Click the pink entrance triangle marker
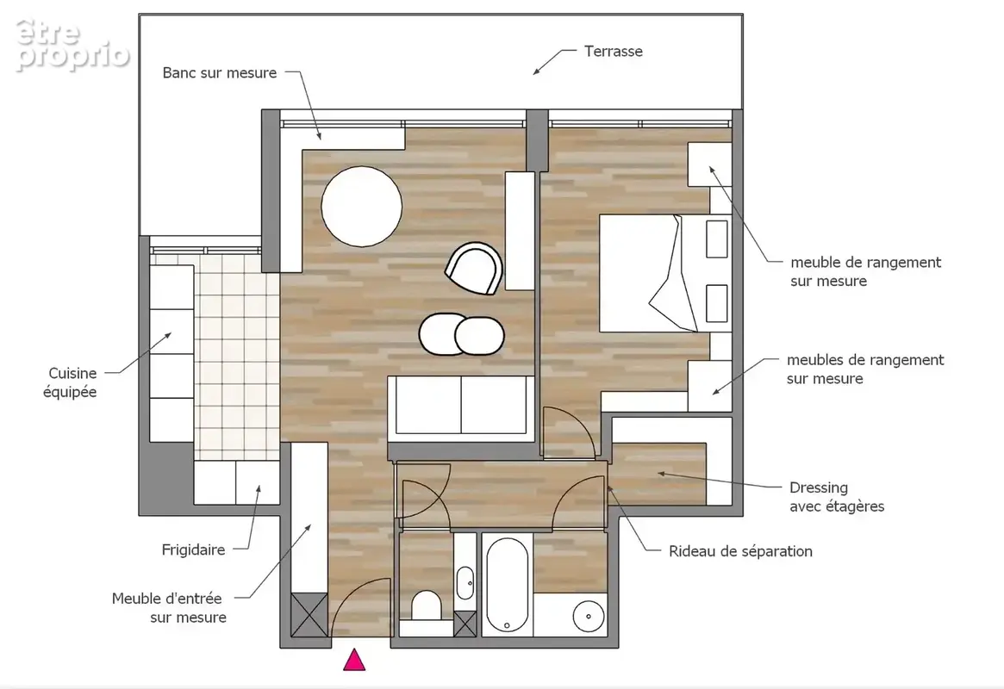354,661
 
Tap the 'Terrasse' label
614,51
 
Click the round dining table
362,206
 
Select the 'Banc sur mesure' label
220,73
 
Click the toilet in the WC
426,605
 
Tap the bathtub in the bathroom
507,583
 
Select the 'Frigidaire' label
193,549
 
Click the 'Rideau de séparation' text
741,551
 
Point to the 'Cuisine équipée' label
70,382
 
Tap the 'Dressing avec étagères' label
837,497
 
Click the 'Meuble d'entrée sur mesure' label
169,608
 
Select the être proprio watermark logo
72,44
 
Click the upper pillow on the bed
717,239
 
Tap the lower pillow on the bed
717,303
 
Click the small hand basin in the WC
465,583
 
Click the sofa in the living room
461,408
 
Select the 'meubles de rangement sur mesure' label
865,369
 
